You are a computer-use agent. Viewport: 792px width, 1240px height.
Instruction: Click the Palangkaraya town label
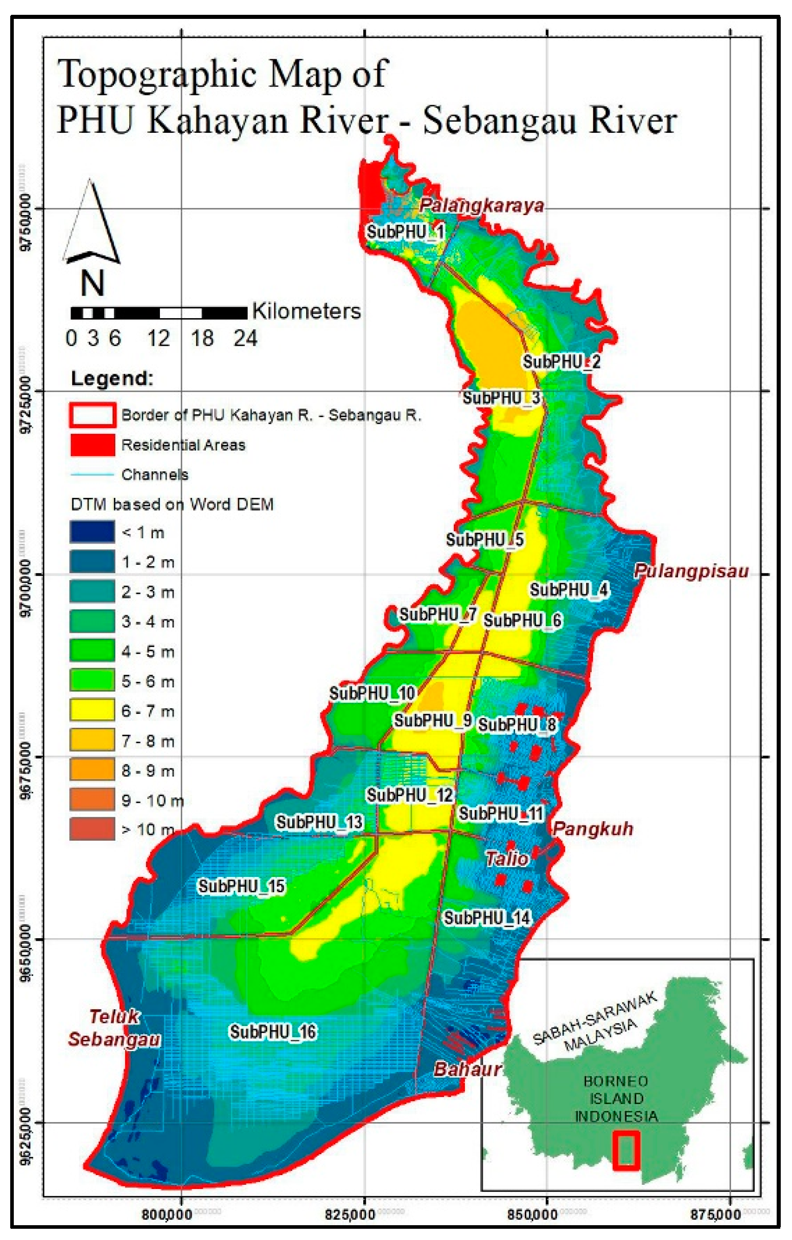pyautogui.click(x=481, y=205)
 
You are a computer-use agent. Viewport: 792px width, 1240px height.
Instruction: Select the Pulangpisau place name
pyautogui.click(x=690, y=571)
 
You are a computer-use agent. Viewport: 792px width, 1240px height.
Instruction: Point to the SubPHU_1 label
pyautogui.click(x=406, y=232)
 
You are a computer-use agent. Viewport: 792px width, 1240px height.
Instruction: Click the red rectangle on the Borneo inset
pyautogui.click(x=626, y=1150)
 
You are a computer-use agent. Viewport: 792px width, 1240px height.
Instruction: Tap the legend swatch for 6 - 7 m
pyautogui.click(x=92, y=710)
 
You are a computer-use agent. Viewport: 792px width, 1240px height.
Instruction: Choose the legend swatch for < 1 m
pyautogui.click(x=92, y=532)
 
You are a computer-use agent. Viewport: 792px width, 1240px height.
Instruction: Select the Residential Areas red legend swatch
pyautogui.click(x=92, y=444)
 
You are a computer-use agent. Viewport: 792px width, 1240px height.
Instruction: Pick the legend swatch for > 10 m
pyautogui.click(x=92, y=829)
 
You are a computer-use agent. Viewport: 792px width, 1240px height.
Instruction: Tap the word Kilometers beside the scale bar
pyautogui.click(x=306, y=312)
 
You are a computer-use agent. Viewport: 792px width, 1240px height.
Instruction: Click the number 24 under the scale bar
pyautogui.click(x=245, y=339)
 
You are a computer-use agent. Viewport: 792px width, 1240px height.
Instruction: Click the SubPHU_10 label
pyautogui.click(x=372, y=694)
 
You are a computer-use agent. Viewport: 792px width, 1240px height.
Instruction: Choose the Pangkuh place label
pyautogui.click(x=593, y=829)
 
